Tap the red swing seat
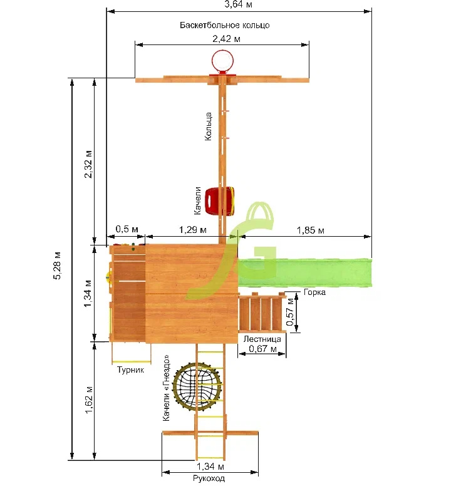click(220, 200)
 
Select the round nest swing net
click(197, 388)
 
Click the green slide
click(304, 273)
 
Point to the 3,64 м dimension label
click(238, 4)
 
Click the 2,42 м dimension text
click(226, 39)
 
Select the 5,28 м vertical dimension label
click(58, 266)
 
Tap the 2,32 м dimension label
click(88, 164)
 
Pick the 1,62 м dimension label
click(89, 400)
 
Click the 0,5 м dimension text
click(127, 229)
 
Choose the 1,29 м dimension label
click(192, 229)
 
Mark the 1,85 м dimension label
click(311, 230)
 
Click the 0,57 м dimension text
click(290, 312)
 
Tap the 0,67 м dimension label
click(262, 348)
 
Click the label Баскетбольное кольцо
click(225, 25)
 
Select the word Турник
click(130, 369)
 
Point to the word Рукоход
click(209, 478)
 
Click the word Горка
click(314, 292)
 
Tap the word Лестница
click(262, 339)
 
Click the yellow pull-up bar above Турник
click(132, 362)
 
